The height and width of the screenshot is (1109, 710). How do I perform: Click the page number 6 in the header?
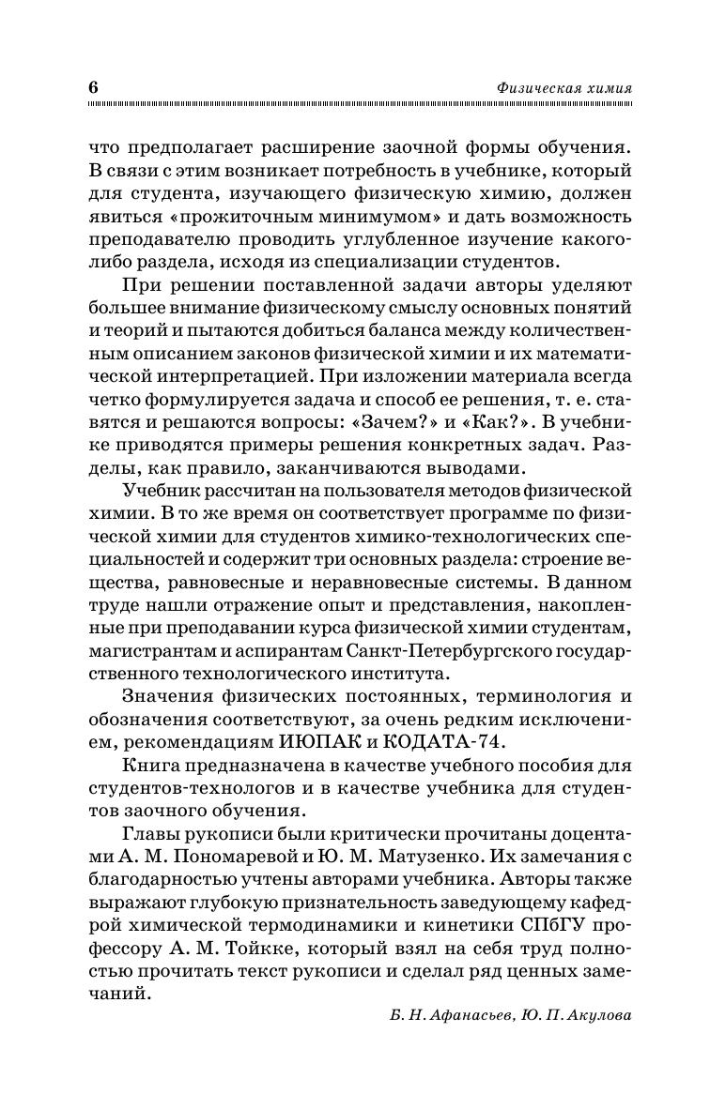coord(93,86)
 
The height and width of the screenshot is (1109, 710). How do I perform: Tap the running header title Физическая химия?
coord(563,87)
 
